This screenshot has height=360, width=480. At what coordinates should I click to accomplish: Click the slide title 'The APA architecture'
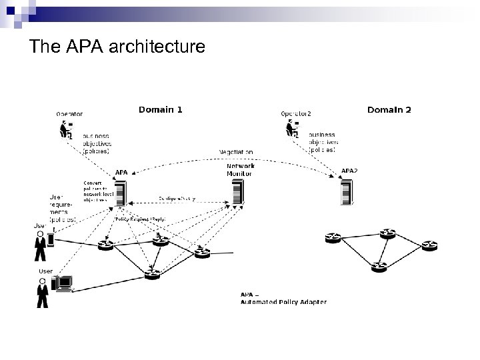point(118,47)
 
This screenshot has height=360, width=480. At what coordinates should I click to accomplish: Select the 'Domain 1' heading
point(160,109)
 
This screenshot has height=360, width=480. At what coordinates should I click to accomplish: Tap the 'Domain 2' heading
point(389,109)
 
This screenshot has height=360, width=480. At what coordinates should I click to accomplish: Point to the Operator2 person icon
point(294,129)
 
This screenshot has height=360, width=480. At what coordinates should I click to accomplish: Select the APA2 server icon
point(345,192)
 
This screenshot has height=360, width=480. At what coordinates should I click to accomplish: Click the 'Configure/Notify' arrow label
point(177,199)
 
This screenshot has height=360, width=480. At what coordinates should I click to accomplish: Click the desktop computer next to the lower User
point(65,284)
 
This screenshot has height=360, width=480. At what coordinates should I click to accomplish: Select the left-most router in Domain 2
point(331,237)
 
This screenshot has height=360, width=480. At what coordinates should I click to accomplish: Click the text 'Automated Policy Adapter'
point(283,302)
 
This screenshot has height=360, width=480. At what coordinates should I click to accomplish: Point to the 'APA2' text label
point(349,171)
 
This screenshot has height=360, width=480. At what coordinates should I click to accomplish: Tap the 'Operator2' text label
point(297,113)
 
